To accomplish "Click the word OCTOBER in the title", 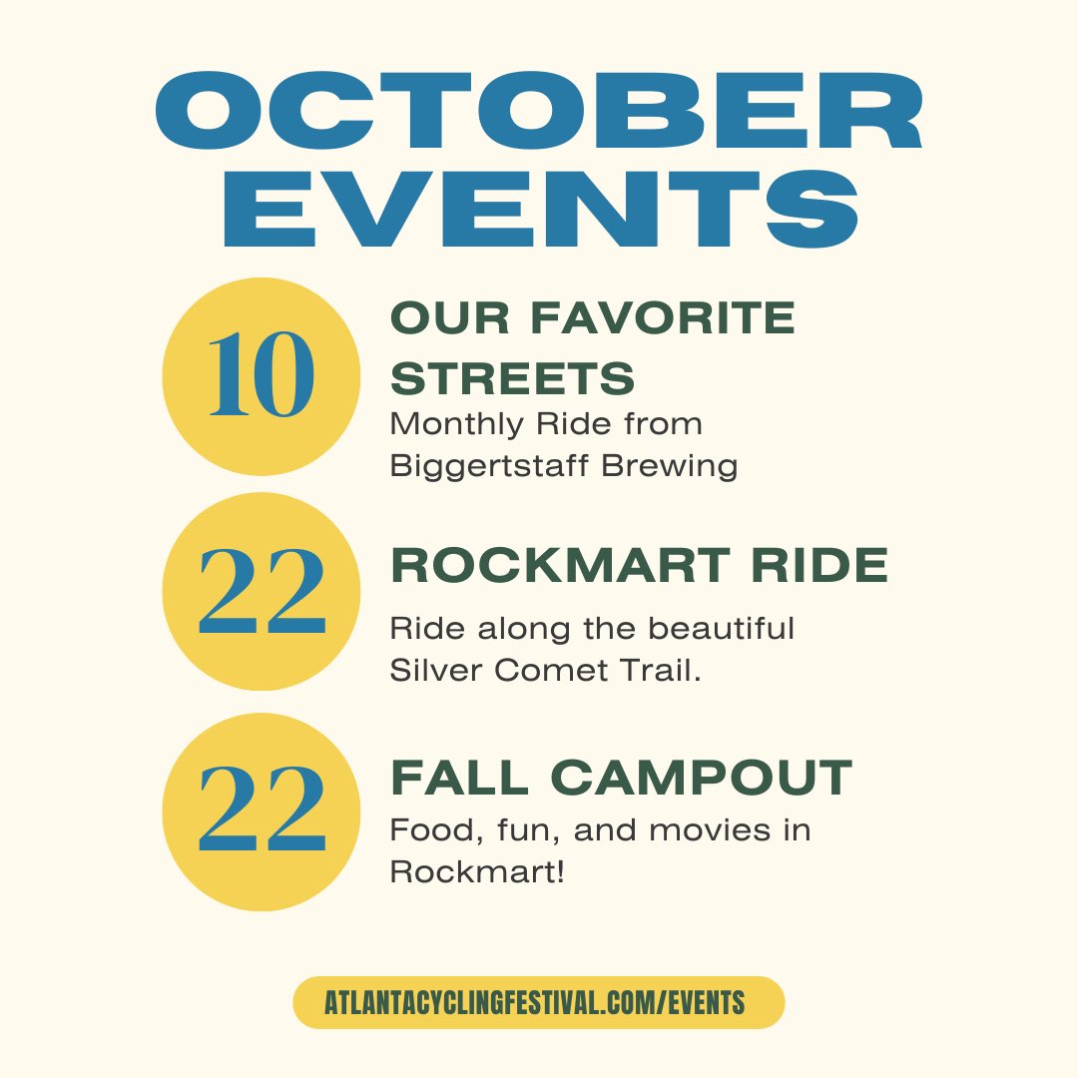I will (539, 118).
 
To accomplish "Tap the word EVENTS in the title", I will (539, 213).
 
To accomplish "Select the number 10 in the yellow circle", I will (261, 376).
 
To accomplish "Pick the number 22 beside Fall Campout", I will (262, 810).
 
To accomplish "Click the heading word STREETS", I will (513, 378).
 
